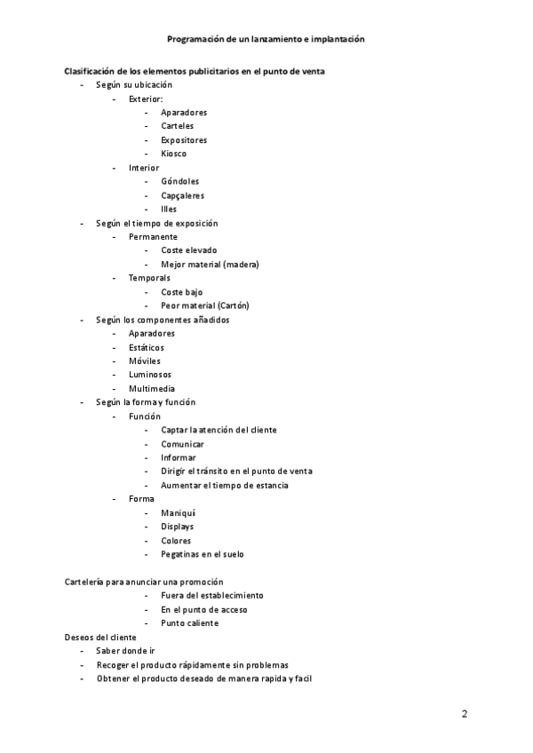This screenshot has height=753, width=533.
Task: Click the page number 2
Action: (465, 714)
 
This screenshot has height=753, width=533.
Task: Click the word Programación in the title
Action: (196, 40)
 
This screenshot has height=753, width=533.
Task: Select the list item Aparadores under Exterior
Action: (184, 113)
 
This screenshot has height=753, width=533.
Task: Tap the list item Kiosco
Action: (174, 154)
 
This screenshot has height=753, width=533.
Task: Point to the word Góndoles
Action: (180, 182)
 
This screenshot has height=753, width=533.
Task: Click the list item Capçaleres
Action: (182, 195)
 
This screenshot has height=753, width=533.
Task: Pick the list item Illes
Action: (169, 210)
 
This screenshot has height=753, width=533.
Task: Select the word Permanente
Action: (153, 237)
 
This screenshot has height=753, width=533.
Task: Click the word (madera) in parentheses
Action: (241, 265)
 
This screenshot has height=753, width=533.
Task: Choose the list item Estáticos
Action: (147, 347)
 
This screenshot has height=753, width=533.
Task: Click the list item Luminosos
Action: (150, 375)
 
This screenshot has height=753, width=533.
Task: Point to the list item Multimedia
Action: (152, 389)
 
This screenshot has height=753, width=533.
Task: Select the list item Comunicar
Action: (182, 444)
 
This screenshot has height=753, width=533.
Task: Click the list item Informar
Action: (179, 458)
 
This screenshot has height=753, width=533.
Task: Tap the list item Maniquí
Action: (179, 513)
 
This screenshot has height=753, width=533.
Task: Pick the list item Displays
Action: (178, 527)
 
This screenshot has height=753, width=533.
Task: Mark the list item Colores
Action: (176, 541)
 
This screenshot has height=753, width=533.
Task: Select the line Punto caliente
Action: (189, 623)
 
